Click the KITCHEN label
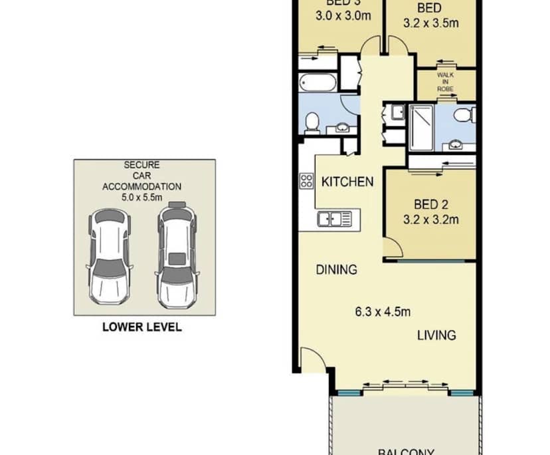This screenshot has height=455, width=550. point(347,182)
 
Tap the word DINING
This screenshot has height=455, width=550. point(336,269)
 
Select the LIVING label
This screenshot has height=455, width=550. point(436,335)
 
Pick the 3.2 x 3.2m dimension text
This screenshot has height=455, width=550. point(431,219)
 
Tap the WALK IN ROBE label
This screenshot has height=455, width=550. point(445,82)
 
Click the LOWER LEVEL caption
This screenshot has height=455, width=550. point(141,327)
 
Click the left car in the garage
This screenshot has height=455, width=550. point(108,254)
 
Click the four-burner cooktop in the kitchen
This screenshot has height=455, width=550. point(306,181)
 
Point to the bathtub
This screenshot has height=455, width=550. point(318,84)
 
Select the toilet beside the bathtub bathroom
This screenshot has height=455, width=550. point(311,121)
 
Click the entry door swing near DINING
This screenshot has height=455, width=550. point(312,361)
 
